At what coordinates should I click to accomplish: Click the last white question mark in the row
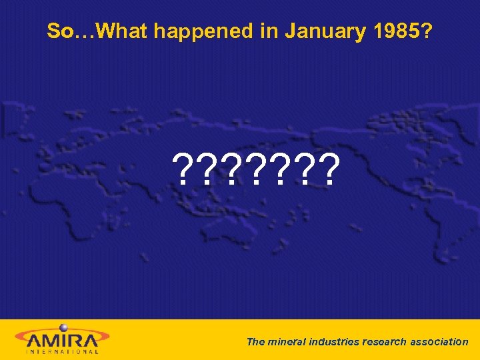pos(329,170)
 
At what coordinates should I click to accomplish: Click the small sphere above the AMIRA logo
pos(64,327)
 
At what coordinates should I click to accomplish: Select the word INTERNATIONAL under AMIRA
pos(62,350)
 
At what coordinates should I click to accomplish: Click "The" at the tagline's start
pos(255,341)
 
